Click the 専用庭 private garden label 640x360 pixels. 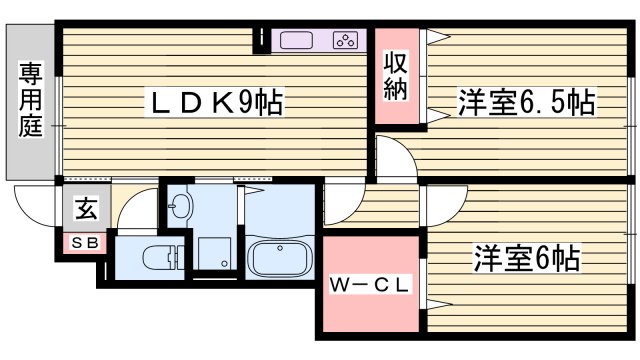coord(29,99)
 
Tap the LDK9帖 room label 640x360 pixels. coord(214,101)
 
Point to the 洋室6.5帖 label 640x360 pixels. coord(526,102)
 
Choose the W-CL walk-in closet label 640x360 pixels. coord(370,286)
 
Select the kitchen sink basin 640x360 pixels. coord(297,41)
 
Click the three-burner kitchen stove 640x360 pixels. coord(346,41)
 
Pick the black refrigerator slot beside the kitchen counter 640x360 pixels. coord(262,41)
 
